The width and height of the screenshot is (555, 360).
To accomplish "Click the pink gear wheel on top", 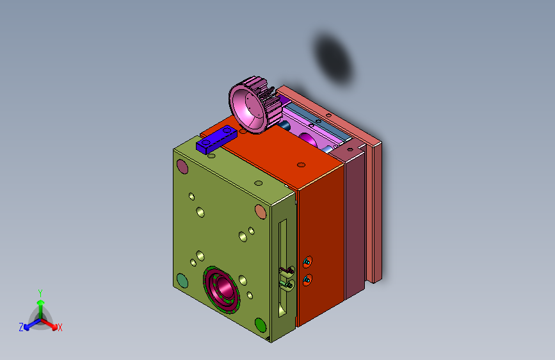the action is tap(253, 105).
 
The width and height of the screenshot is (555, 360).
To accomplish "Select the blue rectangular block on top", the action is tap(216, 139).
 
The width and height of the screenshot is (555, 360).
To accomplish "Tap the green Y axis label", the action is tap(40, 293).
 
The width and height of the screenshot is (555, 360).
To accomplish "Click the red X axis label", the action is tap(60, 328).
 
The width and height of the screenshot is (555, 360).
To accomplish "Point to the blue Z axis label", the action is tap(21, 327).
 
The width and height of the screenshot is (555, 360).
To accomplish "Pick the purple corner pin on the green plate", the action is tap(182, 167).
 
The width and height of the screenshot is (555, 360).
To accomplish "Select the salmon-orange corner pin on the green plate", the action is tap(261, 212).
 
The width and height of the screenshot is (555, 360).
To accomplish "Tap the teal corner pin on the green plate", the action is tap(182, 281).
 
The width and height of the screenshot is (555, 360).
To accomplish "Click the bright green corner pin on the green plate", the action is tap(261, 325).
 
